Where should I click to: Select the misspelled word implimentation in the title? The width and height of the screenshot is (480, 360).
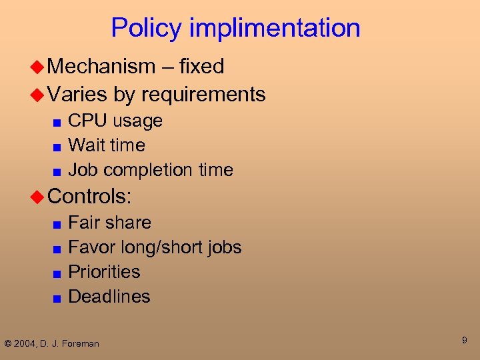click(275, 29)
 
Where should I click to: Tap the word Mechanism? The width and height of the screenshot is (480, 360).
click(101, 67)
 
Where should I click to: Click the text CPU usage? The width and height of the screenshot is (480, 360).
click(115, 121)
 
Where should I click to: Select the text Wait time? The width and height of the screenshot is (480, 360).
click(107, 145)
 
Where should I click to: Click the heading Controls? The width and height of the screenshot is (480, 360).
click(90, 196)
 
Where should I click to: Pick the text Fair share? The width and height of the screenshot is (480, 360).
click(110, 223)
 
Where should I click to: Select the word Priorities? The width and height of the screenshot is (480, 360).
click(104, 272)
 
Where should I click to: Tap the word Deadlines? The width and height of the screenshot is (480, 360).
click(109, 297)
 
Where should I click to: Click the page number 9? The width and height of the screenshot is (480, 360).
click(464, 341)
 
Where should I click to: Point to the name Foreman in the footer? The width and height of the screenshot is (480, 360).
click(81, 344)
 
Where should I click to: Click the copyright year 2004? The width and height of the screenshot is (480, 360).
click(25, 344)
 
